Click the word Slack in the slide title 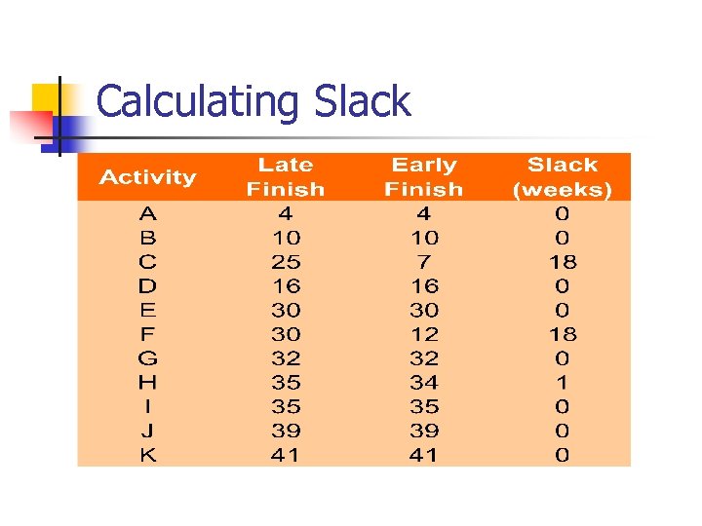[x=363, y=102]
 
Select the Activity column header [x=147, y=177]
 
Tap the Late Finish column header [x=286, y=177]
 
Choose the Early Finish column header [x=424, y=177]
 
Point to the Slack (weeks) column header [x=563, y=177]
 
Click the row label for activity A [x=147, y=213]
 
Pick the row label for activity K [x=147, y=455]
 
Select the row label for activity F [x=147, y=334]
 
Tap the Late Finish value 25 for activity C [x=286, y=262]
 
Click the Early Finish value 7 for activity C [x=424, y=262]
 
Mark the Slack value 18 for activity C [x=563, y=262]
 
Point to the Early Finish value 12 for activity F [x=424, y=334]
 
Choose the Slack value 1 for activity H [x=563, y=383]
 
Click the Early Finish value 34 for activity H [x=424, y=383]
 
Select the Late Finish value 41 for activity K [x=286, y=455]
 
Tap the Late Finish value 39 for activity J [x=286, y=431]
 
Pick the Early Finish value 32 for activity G [x=424, y=358]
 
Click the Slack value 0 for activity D [x=563, y=286]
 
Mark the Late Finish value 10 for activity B [x=286, y=238]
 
